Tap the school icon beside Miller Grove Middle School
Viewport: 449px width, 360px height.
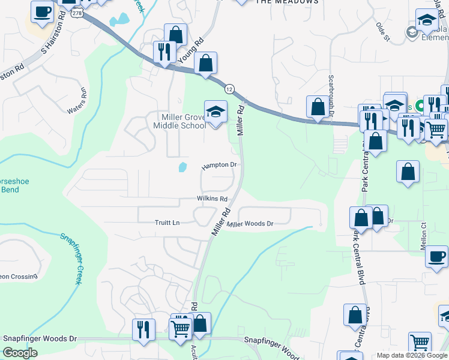215,112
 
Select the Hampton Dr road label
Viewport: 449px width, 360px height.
220,165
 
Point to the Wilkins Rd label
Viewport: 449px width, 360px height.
212,199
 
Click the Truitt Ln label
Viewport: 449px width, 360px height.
167,223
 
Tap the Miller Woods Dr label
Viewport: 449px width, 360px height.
251,224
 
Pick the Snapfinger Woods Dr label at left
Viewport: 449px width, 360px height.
40,338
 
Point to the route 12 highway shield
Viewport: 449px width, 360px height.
229,89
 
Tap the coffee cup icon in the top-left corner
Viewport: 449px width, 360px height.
43,11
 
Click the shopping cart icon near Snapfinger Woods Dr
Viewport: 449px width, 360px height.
181,328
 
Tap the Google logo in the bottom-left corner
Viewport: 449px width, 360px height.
20,353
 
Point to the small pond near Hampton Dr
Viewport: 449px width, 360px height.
182,167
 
